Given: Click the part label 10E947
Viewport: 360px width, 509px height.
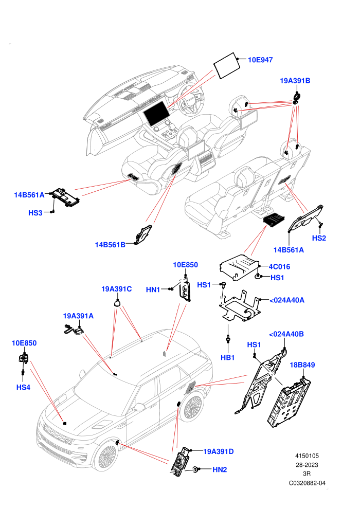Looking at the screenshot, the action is click(x=260, y=60).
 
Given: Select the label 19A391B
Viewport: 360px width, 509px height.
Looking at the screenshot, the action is click(x=295, y=81).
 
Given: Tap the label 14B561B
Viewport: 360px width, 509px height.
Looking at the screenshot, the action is click(x=110, y=245).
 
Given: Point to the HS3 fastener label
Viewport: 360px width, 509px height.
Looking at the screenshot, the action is click(x=35, y=213).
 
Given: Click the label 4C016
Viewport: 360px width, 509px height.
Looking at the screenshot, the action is click(x=279, y=267).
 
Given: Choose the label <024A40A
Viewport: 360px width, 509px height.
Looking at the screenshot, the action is click(x=286, y=300).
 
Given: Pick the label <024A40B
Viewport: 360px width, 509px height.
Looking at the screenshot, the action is click(x=286, y=334).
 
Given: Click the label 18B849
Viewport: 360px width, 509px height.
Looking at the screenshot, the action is click(x=302, y=365).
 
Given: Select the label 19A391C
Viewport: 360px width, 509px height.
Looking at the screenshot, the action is click(x=117, y=289).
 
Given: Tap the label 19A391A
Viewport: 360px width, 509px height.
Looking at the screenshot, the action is click(x=78, y=316).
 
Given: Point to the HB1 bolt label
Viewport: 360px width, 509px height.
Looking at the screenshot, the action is click(x=227, y=357).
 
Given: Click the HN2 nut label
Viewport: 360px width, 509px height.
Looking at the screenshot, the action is click(x=220, y=469).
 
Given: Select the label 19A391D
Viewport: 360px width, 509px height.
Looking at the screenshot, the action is click(x=218, y=451).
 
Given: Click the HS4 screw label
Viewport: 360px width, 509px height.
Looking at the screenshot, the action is click(x=23, y=387).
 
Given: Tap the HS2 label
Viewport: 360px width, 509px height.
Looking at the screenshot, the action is click(x=319, y=238).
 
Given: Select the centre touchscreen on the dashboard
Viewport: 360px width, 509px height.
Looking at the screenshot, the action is click(x=156, y=113).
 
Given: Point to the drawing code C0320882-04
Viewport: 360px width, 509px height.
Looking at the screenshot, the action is click(x=307, y=483).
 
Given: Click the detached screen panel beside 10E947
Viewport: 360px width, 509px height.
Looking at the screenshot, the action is click(x=227, y=66).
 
